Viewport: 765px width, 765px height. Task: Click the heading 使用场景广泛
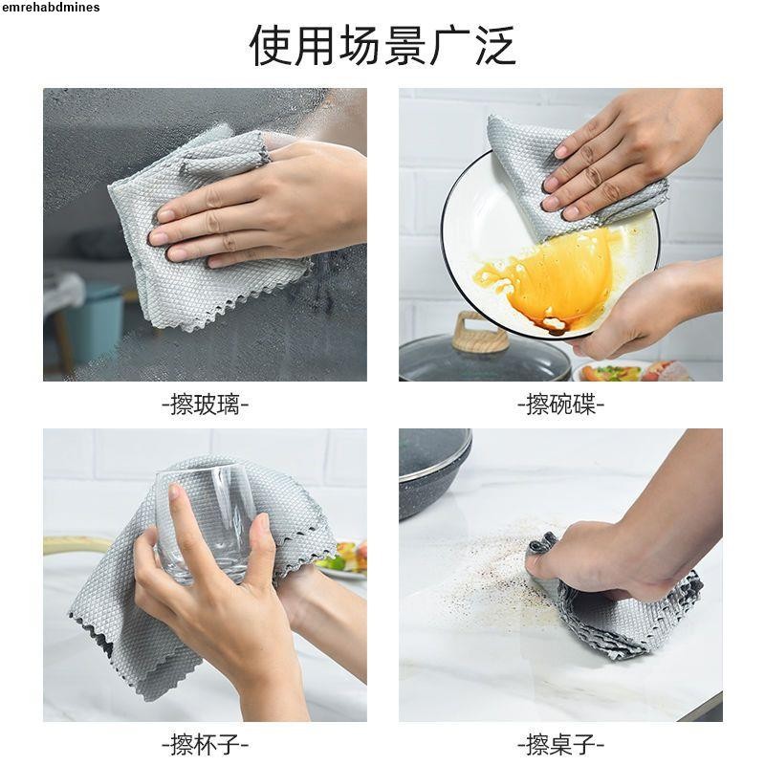[x=382, y=45]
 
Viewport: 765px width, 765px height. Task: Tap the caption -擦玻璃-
[x=205, y=404]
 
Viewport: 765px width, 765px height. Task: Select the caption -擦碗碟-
[x=560, y=404]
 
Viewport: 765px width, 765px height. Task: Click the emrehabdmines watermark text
[x=51, y=7]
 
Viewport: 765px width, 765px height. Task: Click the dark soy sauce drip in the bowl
[x=556, y=327]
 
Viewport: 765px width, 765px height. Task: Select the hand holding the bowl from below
[x=649, y=307]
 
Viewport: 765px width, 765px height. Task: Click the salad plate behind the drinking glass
[x=344, y=558]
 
